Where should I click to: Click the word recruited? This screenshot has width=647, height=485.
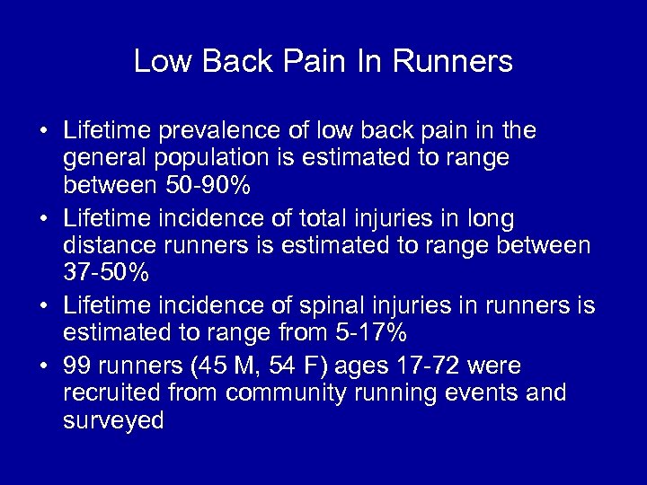point(113,393)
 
